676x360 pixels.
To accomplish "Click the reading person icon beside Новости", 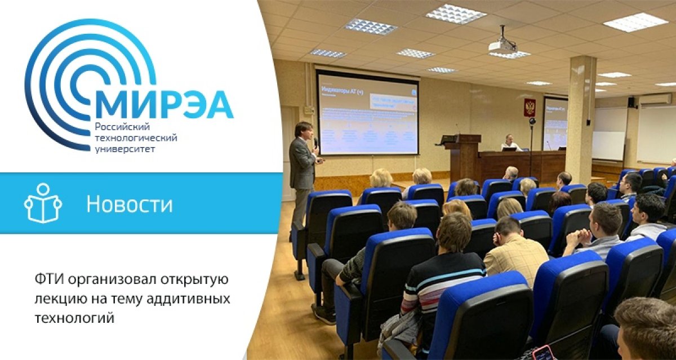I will coord(42,203).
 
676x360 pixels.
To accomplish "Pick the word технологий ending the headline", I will coord(75,318).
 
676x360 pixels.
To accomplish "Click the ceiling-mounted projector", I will coord(502,44).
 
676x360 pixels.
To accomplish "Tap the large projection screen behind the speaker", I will coord(367,113).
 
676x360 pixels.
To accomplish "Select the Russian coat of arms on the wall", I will coord(530,107).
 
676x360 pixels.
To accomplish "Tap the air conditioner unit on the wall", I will coord(655,99).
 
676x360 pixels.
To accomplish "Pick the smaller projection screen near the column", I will coord(555,124).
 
